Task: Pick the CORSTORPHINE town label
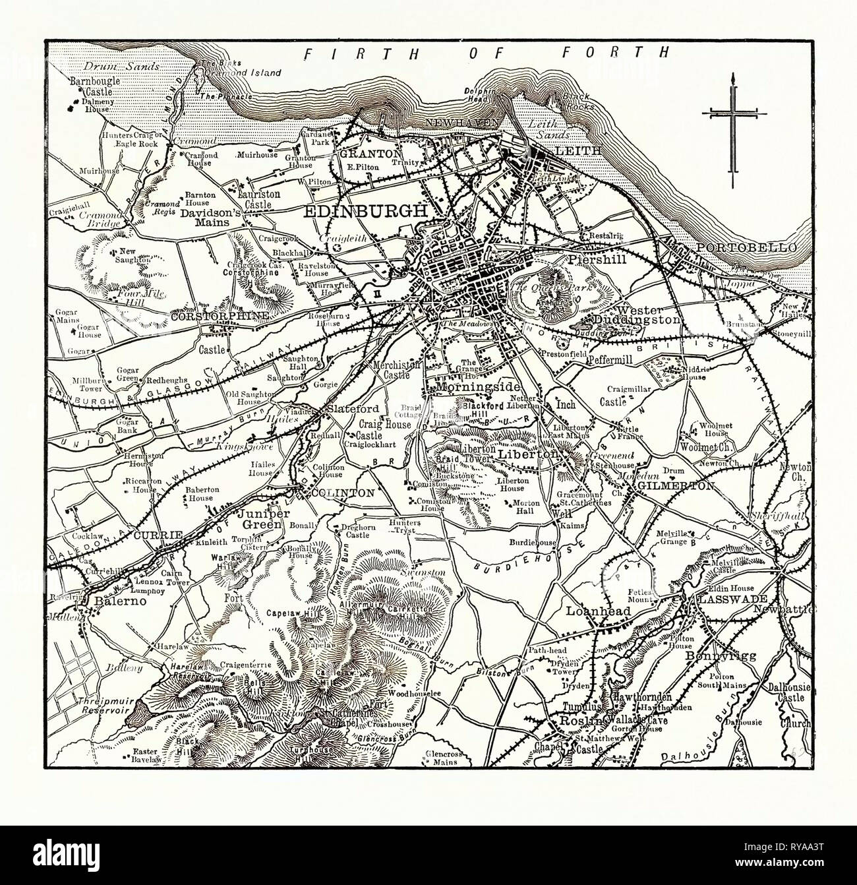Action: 220,317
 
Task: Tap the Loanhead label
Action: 599,611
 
